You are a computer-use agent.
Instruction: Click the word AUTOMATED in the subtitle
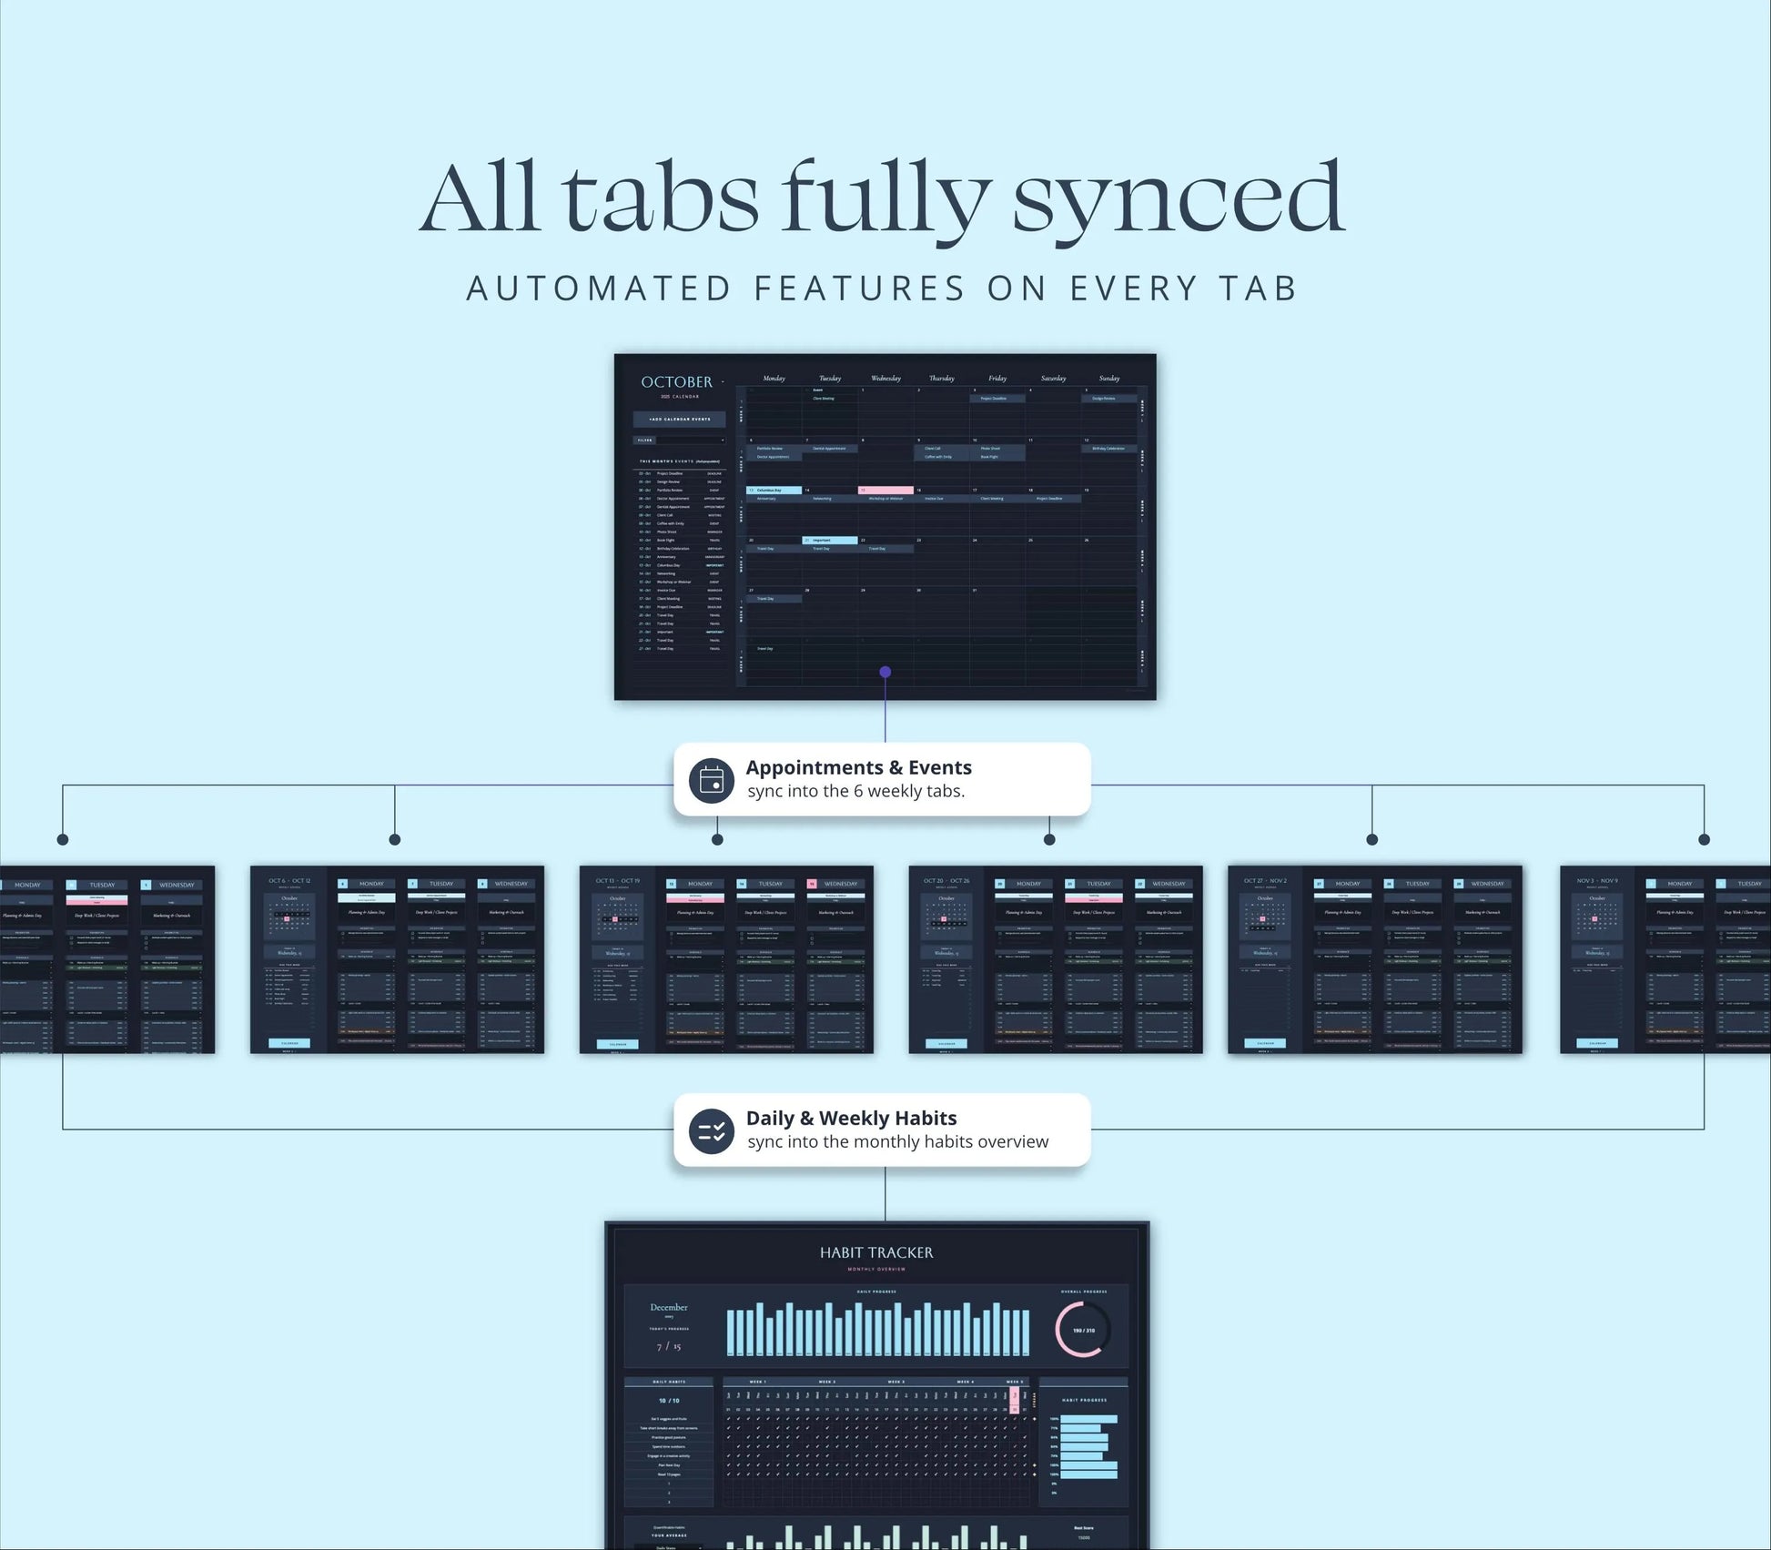point(599,289)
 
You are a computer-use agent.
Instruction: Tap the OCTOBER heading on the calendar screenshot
point(676,382)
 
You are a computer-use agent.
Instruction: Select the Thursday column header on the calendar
point(941,378)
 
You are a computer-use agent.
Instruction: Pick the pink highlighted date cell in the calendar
point(885,490)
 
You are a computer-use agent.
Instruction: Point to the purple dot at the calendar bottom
point(885,672)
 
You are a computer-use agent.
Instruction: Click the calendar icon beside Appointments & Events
point(712,780)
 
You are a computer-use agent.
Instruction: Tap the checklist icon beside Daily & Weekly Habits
point(712,1130)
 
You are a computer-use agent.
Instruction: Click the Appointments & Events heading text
point(858,767)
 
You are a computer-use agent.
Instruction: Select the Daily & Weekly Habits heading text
point(851,1118)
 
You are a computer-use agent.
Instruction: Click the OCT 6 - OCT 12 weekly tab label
point(289,881)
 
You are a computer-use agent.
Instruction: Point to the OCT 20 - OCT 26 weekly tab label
point(946,881)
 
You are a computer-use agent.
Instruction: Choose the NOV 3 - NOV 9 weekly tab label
point(1597,881)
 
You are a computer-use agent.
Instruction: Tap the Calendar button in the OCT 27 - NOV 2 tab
point(1265,1043)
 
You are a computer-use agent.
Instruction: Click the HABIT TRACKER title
point(876,1253)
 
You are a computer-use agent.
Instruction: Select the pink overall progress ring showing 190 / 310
point(1083,1330)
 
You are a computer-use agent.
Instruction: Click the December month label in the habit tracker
point(669,1308)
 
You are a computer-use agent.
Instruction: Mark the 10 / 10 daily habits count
point(669,1401)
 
